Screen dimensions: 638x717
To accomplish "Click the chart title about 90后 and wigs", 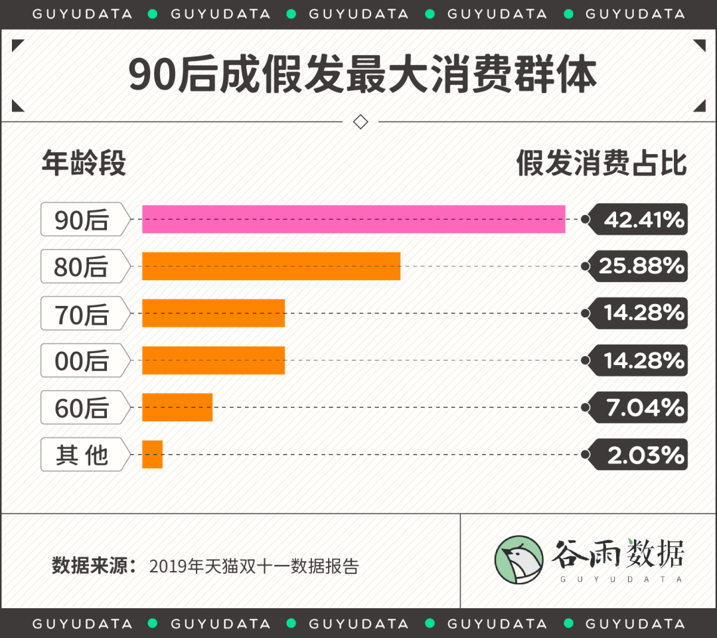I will coord(362,76).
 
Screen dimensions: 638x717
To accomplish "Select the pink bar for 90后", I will coord(353,219).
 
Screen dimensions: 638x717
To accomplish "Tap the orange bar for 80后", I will coord(271,266).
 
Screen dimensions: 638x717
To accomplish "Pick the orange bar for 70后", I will coord(213,313).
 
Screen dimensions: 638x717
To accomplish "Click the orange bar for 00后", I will coord(213,360).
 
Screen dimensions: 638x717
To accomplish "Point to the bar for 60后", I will coord(177,408).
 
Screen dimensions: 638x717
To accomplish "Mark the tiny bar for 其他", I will coord(152,455).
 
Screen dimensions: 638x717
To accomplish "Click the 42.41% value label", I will coord(643,219).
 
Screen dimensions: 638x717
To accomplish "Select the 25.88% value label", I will coord(641,266).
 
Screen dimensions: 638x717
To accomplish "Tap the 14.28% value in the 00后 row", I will coord(643,360).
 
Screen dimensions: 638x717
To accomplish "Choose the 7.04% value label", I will coord(645,408).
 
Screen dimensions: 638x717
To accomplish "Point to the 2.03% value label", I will coord(645,455).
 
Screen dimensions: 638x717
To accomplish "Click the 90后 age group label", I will coord(82,220).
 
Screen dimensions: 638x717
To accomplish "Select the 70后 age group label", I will coord(82,314).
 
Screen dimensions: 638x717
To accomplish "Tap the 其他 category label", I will coord(82,455).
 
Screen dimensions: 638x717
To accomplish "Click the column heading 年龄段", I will coord(84,163).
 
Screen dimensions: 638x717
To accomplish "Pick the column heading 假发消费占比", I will coord(601,163).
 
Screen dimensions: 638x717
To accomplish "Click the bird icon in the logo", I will coord(518,560).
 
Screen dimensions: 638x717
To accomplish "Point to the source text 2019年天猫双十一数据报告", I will coord(254,566).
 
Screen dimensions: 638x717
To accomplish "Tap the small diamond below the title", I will coord(360,122).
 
